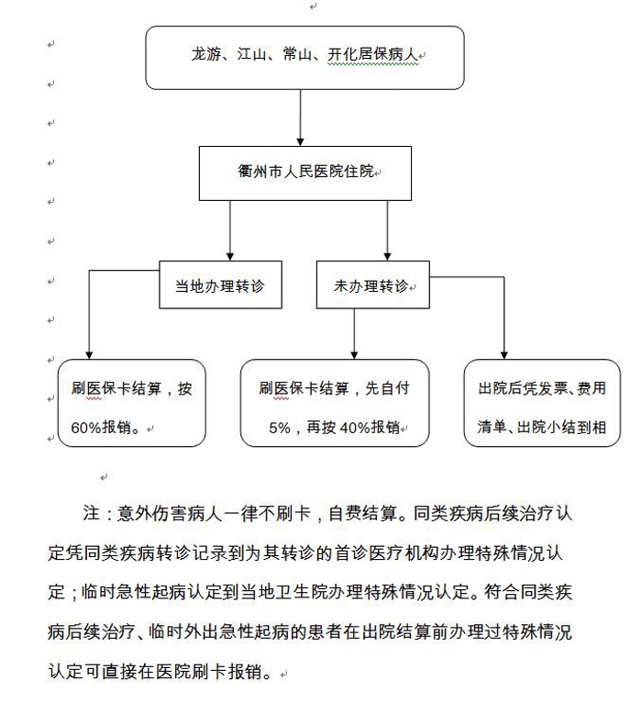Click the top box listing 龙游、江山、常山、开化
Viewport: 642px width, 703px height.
tap(304, 57)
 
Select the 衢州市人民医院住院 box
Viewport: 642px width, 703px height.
tap(304, 172)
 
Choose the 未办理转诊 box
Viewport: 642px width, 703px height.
tap(372, 285)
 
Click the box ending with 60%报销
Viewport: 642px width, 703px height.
tap(132, 403)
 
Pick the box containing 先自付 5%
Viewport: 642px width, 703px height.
tap(335, 403)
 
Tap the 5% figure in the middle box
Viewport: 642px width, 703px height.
tap(279, 427)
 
